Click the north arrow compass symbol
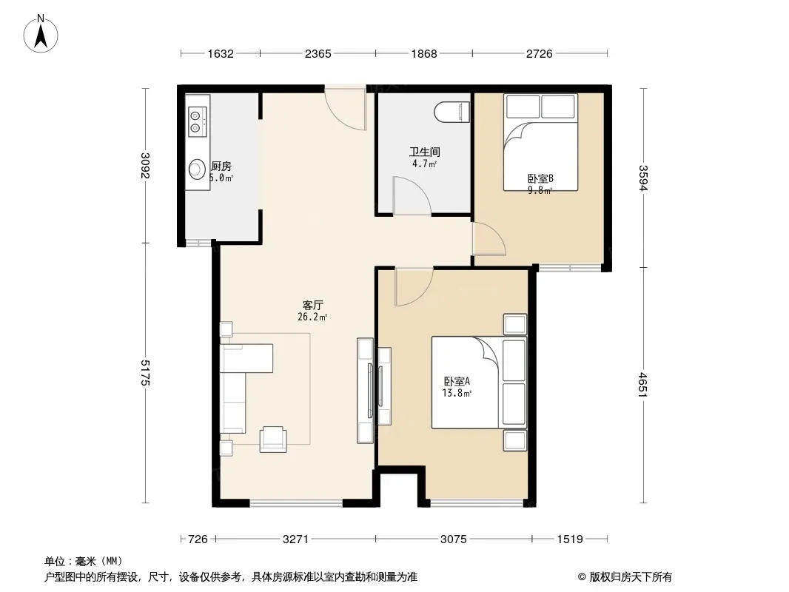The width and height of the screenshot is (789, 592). pyautogui.click(x=41, y=34)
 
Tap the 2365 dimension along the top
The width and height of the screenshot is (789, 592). pyautogui.click(x=318, y=53)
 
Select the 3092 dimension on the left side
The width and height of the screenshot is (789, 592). pyautogui.click(x=145, y=166)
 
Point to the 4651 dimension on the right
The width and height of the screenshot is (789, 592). pyautogui.click(x=643, y=385)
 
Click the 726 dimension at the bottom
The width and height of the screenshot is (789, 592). pyautogui.click(x=198, y=539)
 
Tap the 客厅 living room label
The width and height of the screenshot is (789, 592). pyautogui.click(x=312, y=306)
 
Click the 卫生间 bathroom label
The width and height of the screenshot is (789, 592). pyautogui.click(x=425, y=152)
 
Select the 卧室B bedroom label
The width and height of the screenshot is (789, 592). pyautogui.click(x=540, y=178)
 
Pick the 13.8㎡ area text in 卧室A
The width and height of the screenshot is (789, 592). pyautogui.click(x=457, y=394)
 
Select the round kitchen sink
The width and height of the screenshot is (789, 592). pyautogui.click(x=197, y=169)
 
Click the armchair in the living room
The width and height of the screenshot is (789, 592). pyautogui.click(x=273, y=439)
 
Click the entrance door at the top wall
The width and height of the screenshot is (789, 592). pyautogui.click(x=345, y=108)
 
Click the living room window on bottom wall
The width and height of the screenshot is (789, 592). pyautogui.click(x=296, y=502)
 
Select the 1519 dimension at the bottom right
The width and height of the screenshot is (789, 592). pyautogui.click(x=570, y=539)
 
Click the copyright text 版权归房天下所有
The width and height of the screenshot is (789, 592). pyautogui.click(x=631, y=577)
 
